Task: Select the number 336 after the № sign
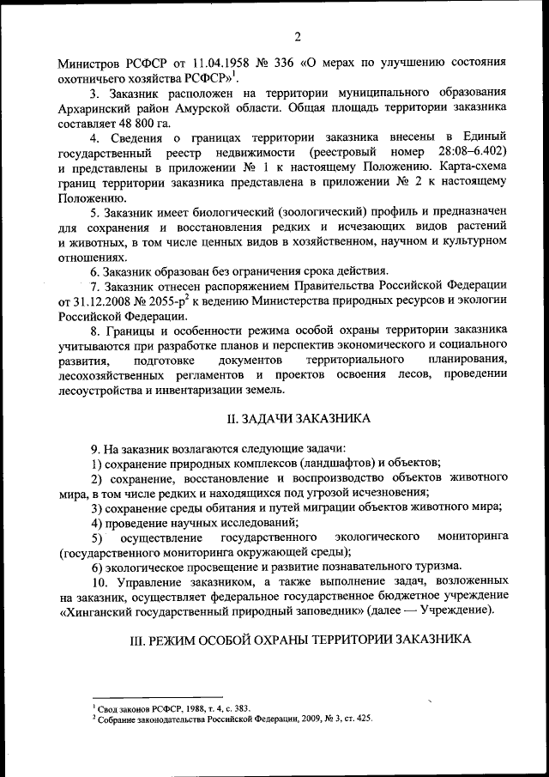tap(284, 63)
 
